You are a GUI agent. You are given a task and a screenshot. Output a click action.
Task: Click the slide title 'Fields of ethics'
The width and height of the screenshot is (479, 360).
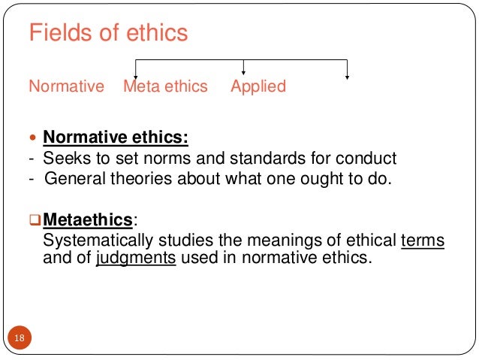click(x=108, y=34)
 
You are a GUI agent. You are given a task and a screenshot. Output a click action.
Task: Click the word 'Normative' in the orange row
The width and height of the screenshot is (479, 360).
click(x=66, y=86)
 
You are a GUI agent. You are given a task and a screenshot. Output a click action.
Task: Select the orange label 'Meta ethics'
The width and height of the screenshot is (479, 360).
click(x=165, y=86)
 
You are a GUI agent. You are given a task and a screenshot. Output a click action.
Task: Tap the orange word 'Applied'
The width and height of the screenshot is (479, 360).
click(x=258, y=86)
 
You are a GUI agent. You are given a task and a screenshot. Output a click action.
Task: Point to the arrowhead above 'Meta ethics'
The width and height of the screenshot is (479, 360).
click(x=135, y=75)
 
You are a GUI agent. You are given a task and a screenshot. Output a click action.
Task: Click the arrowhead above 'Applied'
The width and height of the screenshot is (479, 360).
click(x=243, y=71)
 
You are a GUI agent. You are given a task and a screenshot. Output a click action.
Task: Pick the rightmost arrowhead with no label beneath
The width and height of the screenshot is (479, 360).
click(x=347, y=75)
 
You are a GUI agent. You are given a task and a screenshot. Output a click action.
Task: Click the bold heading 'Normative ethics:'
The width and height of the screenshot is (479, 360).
click(x=116, y=138)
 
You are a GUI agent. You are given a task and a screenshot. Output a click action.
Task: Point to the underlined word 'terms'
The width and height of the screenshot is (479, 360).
click(x=423, y=241)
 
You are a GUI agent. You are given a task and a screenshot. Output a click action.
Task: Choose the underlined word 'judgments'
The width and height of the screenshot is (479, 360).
click(x=135, y=258)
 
